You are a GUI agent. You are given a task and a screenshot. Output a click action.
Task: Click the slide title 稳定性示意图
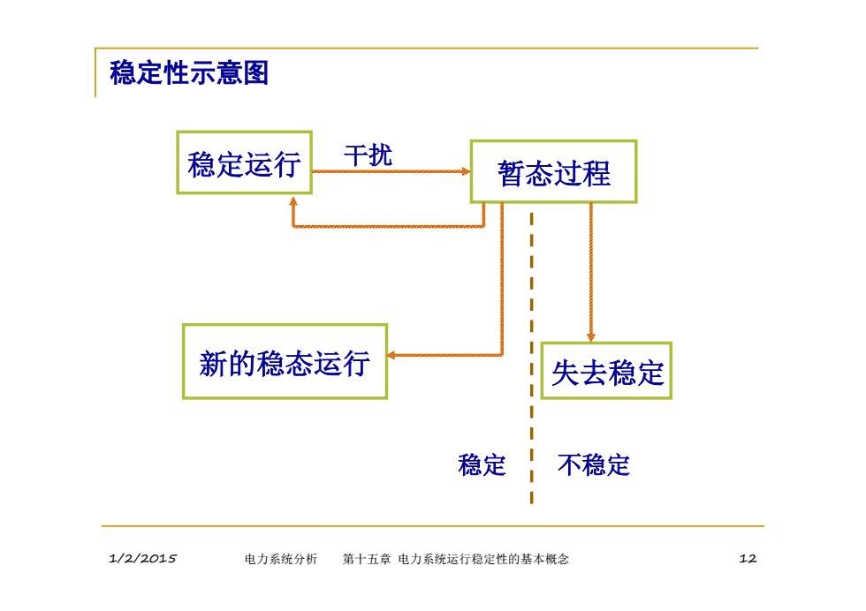coord(189,73)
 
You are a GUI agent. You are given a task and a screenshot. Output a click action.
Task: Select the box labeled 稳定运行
coord(244,162)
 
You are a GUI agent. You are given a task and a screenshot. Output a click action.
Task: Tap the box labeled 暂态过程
coord(553,171)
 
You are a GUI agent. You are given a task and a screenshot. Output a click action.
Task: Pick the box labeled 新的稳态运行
coord(285,361)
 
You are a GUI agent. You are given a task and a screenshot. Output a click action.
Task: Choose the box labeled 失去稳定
coord(606,370)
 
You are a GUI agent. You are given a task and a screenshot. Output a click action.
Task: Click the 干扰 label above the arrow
coord(368,155)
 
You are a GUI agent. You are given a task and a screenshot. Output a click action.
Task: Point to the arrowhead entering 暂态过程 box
coord(466,171)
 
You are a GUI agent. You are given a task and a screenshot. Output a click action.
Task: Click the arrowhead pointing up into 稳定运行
coord(293,202)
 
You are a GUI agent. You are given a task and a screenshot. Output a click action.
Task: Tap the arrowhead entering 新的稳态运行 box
coord(391,355)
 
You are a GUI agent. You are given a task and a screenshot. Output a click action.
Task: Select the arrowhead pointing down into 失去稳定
coord(591,336)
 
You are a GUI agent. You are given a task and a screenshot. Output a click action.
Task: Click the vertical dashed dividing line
coord(531,358)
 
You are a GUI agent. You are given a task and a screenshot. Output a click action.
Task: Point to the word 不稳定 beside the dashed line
coord(594,464)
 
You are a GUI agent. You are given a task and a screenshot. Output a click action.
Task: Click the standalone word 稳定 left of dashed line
coord(482,464)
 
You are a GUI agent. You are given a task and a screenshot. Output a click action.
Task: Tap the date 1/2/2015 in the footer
coord(142,559)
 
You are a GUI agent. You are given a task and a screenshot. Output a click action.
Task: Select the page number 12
coord(748,559)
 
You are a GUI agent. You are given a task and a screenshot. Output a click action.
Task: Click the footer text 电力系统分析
coord(281,559)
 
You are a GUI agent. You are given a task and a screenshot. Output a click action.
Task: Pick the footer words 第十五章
coord(366,559)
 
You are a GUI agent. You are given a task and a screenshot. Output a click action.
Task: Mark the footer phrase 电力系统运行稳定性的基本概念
coord(483,559)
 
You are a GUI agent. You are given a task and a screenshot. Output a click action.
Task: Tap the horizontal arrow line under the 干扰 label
coord(391,171)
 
